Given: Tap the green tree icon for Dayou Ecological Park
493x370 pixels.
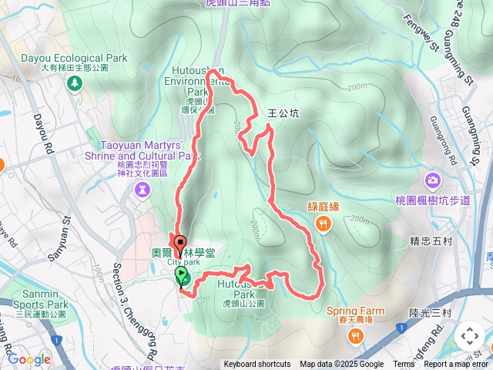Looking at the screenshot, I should [75, 82].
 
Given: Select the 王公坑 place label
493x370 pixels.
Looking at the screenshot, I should [283, 113].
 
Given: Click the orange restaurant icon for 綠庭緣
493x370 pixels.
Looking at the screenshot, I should [322, 224].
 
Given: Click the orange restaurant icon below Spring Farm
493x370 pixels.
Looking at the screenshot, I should [355, 336].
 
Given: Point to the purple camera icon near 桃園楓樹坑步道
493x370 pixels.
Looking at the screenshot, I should [433, 180].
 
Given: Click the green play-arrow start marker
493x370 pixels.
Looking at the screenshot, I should [182, 274].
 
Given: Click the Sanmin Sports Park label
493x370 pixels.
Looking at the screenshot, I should [35, 304].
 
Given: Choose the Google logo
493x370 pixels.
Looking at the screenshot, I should [29, 359].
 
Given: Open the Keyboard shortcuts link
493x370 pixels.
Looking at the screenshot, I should [257, 365].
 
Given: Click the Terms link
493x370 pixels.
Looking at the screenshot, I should [404, 365].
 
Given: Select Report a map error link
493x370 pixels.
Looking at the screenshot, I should [456, 365].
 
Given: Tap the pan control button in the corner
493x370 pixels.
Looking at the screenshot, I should [469, 336].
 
